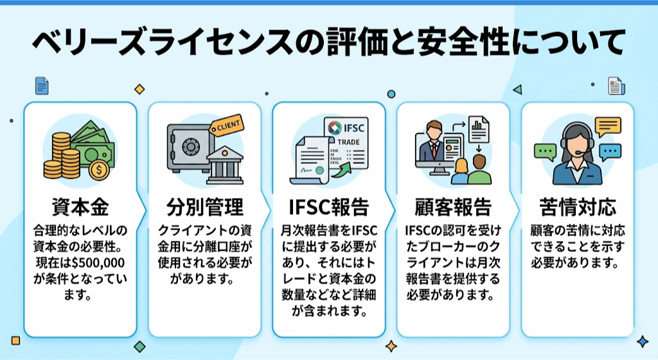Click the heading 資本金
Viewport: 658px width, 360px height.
point(80,208)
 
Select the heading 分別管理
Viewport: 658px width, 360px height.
point(204,208)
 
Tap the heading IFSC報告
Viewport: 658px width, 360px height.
point(328,208)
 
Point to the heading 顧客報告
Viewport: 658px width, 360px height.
point(452,208)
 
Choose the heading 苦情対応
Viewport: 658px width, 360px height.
point(576,208)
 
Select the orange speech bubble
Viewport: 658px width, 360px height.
point(608,125)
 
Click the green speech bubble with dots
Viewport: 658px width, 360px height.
point(546,151)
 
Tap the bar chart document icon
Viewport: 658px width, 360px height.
point(478,129)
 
